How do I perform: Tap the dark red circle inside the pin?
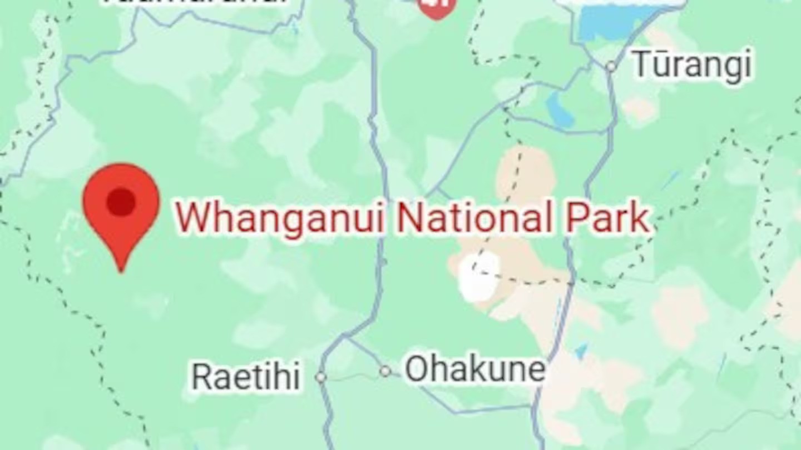(121, 201)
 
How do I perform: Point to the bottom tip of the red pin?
(121, 271)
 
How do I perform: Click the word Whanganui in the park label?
(280, 217)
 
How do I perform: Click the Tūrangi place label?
(692, 64)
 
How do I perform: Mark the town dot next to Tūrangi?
(611, 67)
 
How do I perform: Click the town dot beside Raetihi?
(320, 377)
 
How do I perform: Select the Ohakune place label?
(474, 369)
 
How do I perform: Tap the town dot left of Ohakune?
(385, 371)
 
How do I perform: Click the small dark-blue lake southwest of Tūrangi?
(559, 109)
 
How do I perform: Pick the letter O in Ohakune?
(417, 369)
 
